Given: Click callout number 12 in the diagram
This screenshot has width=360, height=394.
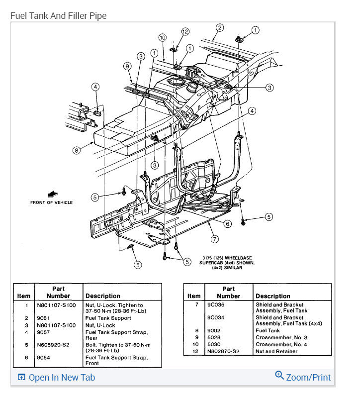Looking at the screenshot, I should pos(184,31).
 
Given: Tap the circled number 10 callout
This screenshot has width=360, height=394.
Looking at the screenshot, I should pos(162,38).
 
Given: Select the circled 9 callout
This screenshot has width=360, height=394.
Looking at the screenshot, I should pos(127,66).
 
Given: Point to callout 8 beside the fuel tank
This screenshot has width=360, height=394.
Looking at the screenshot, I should pos(76,149).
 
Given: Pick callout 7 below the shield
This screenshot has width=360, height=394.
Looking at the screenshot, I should pos(214,239).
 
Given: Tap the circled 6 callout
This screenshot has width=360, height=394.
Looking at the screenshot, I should pos(227,224).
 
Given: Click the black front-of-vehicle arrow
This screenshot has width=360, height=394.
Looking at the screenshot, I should pos(51,194).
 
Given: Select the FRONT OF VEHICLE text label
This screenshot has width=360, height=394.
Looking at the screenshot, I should pos(51,202).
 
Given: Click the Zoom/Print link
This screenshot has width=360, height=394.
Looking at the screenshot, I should pos(303,377).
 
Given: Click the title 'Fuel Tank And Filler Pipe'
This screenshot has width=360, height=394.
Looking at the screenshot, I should pos(58,16).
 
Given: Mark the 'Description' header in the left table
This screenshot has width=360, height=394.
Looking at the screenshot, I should pos(102,295).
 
